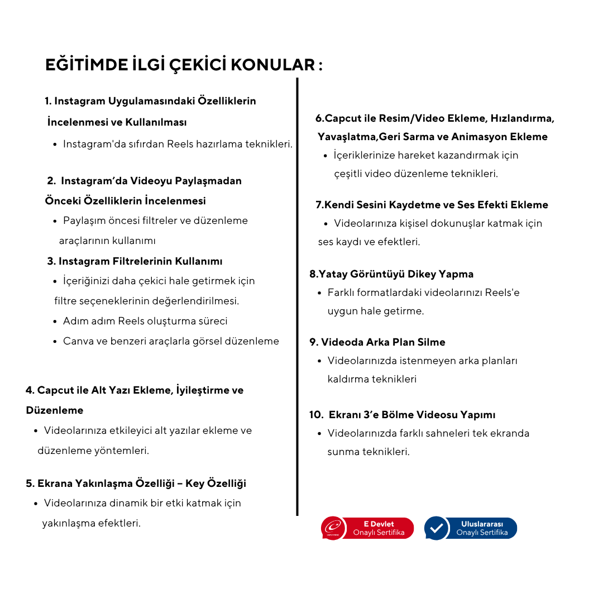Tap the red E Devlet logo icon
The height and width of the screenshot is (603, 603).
coord(333,528)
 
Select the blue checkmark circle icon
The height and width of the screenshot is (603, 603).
coord(437,528)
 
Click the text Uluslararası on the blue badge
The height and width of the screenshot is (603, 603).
coord(482,524)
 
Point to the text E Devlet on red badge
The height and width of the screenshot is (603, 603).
coord(379,524)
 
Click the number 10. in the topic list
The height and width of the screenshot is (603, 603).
coord(316,415)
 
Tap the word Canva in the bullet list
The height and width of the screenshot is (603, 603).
coord(78,341)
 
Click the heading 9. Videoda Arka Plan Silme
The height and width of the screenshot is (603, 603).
coord(377,342)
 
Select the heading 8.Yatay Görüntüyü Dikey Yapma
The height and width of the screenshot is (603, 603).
coord(391,274)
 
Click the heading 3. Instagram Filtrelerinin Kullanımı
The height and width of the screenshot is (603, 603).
coord(135,261)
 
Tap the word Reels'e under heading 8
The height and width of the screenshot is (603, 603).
coord(502,293)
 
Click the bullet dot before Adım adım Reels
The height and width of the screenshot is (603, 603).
coord(55,322)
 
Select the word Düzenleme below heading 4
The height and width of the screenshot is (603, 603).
coord(55,410)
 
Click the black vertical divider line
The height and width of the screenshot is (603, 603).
coord(297,296)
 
